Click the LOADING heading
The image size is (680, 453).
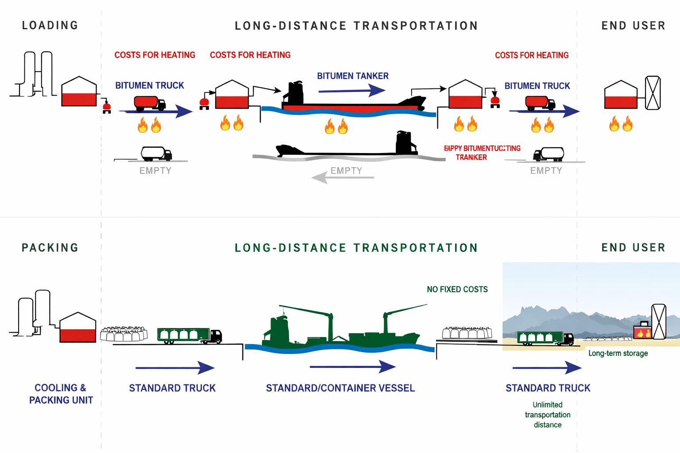[x=50, y=26]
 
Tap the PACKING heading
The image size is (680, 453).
[x=50, y=248]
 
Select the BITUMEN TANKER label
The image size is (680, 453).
[x=353, y=76]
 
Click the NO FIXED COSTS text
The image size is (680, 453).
[x=457, y=289]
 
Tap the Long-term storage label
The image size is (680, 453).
[x=618, y=353]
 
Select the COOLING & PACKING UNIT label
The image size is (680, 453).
[x=61, y=394]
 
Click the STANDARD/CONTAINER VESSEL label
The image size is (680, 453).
[x=340, y=388]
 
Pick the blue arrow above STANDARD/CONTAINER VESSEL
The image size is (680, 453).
[x=352, y=367]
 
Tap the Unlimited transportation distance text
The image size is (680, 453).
[x=548, y=415]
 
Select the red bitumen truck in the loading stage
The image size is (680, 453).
[x=150, y=104]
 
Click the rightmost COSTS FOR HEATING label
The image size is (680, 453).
[x=532, y=55]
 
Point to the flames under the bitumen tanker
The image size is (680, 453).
[x=336, y=126]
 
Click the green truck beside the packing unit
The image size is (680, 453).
[x=189, y=336]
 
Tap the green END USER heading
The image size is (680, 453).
[x=633, y=248]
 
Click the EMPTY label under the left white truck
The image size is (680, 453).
[x=155, y=171]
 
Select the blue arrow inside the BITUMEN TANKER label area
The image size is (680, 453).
[x=352, y=91]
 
